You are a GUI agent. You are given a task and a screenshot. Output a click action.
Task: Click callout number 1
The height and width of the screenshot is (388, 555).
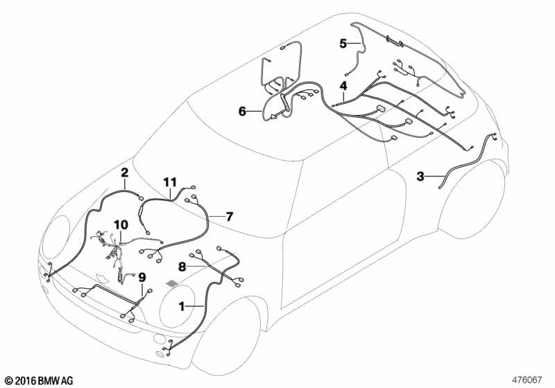pyautogui.click(x=182, y=306)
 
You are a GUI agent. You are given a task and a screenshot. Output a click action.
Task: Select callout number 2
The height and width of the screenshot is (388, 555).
pyautogui.click(x=125, y=173)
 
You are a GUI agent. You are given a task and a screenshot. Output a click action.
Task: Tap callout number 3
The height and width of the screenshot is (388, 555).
pyautogui.click(x=420, y=176)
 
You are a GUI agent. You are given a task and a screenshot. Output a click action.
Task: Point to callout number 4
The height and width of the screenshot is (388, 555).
pyautogui.click(x=343, y=86)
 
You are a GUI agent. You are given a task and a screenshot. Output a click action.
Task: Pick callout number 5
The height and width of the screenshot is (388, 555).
pyautogui.click(x=343, y=44)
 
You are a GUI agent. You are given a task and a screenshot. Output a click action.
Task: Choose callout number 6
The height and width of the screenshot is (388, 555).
pyautogui.click(x=242, y=112)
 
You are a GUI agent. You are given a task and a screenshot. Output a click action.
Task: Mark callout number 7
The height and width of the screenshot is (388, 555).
pyautogui.click(x=230, y=216)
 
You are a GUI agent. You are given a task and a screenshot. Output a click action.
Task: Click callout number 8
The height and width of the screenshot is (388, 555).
pyautogui.click(x=182, y=267)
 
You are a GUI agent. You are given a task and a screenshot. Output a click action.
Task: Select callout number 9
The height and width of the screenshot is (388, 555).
pyautogui.click(x=142, y=278)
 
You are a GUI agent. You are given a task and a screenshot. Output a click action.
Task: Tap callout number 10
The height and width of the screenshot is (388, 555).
pyautogui.click(x=121, y=224)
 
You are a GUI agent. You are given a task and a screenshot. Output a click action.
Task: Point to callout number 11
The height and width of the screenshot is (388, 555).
pyautogui.click(x=170, y=182)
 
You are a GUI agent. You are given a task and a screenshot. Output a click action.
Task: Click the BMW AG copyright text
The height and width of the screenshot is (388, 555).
pyautogui.click(x=40, y=380)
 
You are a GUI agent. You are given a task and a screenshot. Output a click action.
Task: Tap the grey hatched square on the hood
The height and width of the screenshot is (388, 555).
pyautogui.click(x=173, y=283)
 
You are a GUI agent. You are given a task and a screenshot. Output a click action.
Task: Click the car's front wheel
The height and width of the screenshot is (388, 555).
pyautogui.click(x=226, y=336)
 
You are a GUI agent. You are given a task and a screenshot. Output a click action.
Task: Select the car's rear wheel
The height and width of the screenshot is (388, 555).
pyautogui.click(x=472, y=200)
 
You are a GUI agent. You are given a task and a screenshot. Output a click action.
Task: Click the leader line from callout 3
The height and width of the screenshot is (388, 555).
pyautogui.click(x=435, y=176)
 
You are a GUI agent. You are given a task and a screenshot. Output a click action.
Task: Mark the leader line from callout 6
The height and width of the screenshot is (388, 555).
pyautogui.click(x=254, y=112)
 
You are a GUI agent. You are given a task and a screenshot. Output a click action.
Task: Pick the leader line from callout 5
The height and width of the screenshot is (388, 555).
pyautogui.click(x=355, y=44)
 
